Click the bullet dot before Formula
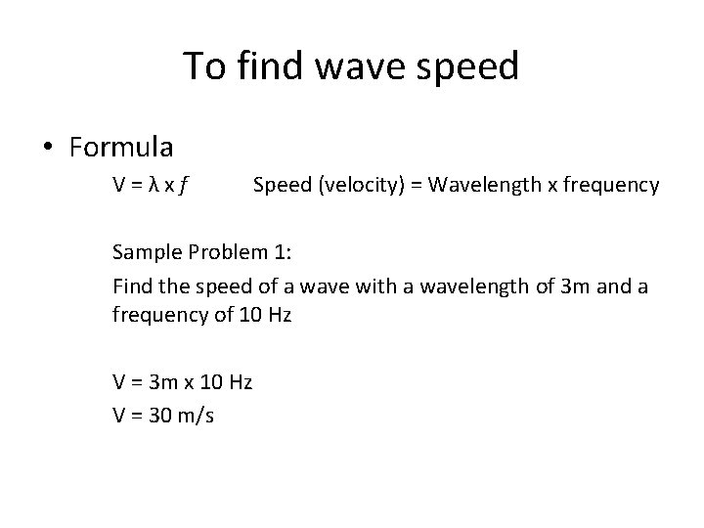(48, 149)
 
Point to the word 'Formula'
(121, 148)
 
